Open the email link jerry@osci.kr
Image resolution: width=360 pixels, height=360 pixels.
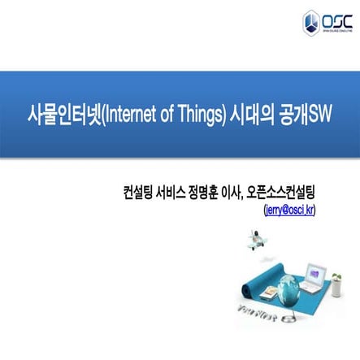290,209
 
